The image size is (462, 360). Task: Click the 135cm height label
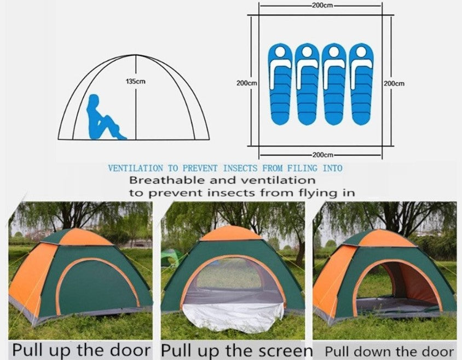coord(136,82)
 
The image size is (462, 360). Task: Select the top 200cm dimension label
coord(322,5)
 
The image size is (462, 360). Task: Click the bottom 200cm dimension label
coord(322,155)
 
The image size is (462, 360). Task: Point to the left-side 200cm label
coord(247,83)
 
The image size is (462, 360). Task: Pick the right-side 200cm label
coord(394,83)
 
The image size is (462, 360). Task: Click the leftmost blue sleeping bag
coord(280,84)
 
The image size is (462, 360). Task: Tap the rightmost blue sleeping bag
coord(361,84)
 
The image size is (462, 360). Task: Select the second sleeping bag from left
coord(307,84)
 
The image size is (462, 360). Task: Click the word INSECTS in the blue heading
coord(240,168)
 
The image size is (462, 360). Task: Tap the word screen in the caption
coord(285,351)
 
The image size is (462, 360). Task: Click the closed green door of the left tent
coord(97,287)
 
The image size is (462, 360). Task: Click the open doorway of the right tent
coord(399,286)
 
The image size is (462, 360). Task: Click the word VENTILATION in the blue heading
coord(135,168)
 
